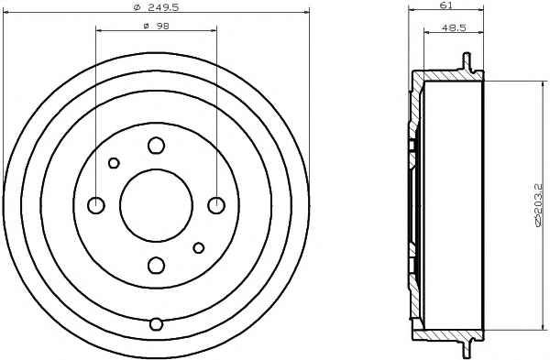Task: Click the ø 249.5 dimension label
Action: (x=156, y=7)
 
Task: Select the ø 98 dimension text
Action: (x=157, y=26)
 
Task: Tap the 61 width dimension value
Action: (x=445, y=5)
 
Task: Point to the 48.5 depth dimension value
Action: (x=454, y=28)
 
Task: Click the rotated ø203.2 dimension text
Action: (x=538, y=205)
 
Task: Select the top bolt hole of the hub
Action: (x=157, y=145)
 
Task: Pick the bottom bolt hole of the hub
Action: (x=157, y=266)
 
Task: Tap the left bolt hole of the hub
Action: (x=96, y=205)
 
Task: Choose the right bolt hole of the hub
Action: (x=216, y=205)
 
